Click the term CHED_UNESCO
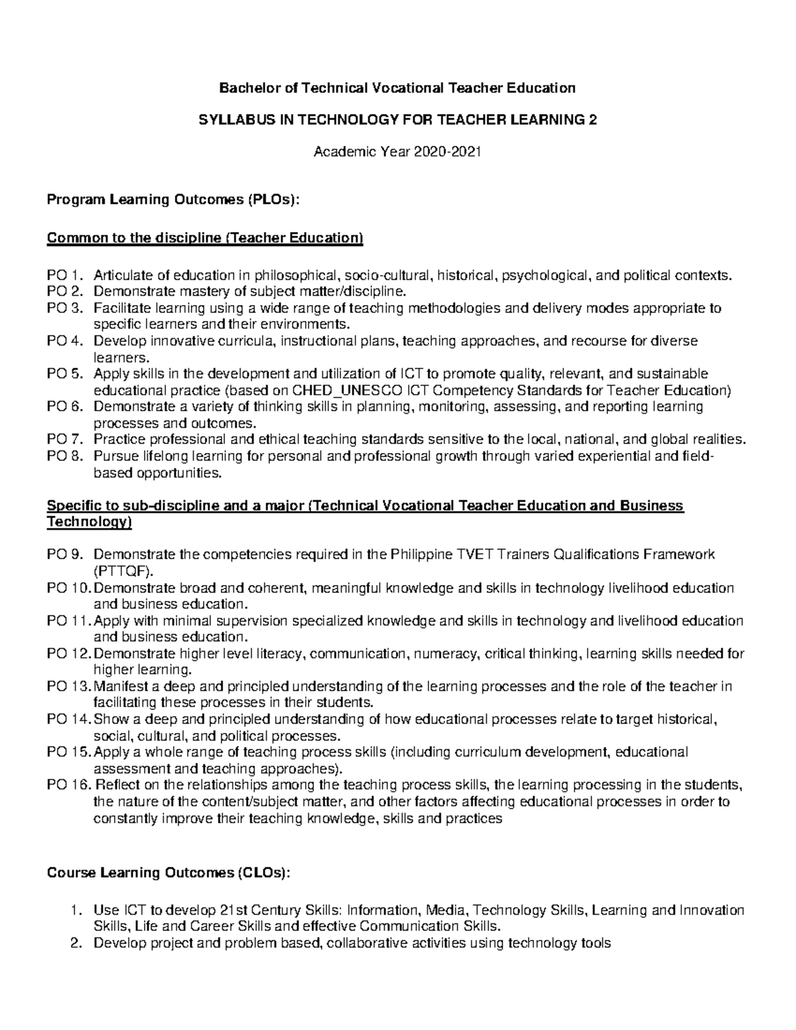click(x=350, y=391)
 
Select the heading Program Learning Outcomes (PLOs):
click(x=172, y=200)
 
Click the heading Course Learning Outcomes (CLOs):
click(x=168, y=873)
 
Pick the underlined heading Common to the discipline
click(x=205, y=238)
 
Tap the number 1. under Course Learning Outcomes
click(x=75, y=910)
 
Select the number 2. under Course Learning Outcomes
click(x=75, y=943)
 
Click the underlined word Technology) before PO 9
click(x=89, y=523)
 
